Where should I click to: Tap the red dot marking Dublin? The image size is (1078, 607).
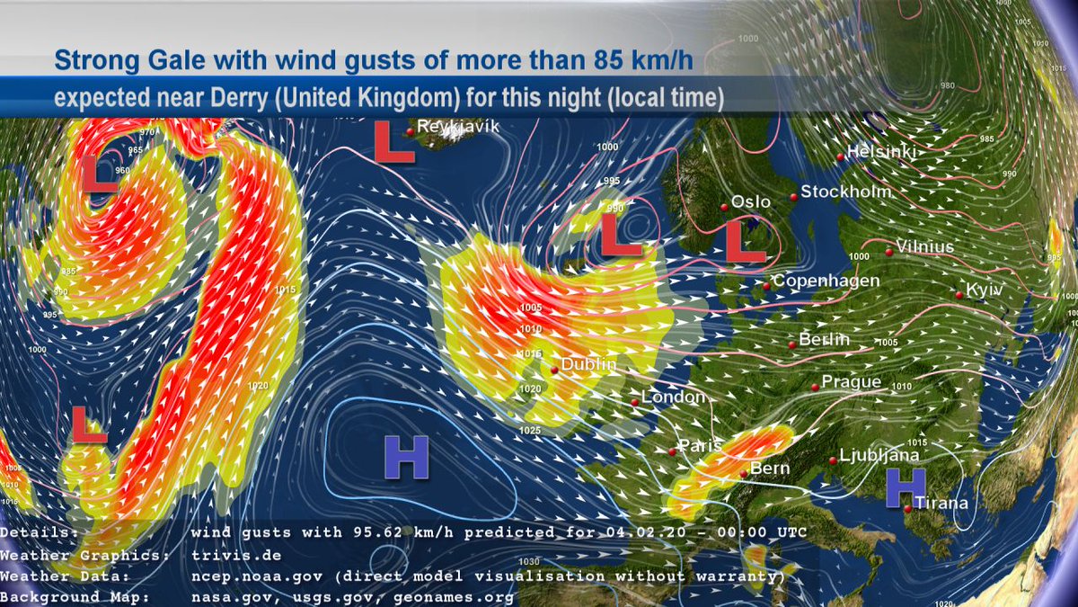pos(556,369)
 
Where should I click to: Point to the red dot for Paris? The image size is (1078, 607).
pos(672,451)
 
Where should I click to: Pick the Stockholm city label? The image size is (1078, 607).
pos(846,192)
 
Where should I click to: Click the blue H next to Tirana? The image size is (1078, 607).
pos(905,488)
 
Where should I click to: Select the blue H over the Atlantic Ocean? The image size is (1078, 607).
pos(406,457)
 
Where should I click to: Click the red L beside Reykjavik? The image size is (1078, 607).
pos(393,144)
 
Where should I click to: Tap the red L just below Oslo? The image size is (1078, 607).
pos(746,243)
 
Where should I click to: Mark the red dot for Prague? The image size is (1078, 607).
pos(815,387)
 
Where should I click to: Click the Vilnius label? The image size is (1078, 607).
pos(925,246)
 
